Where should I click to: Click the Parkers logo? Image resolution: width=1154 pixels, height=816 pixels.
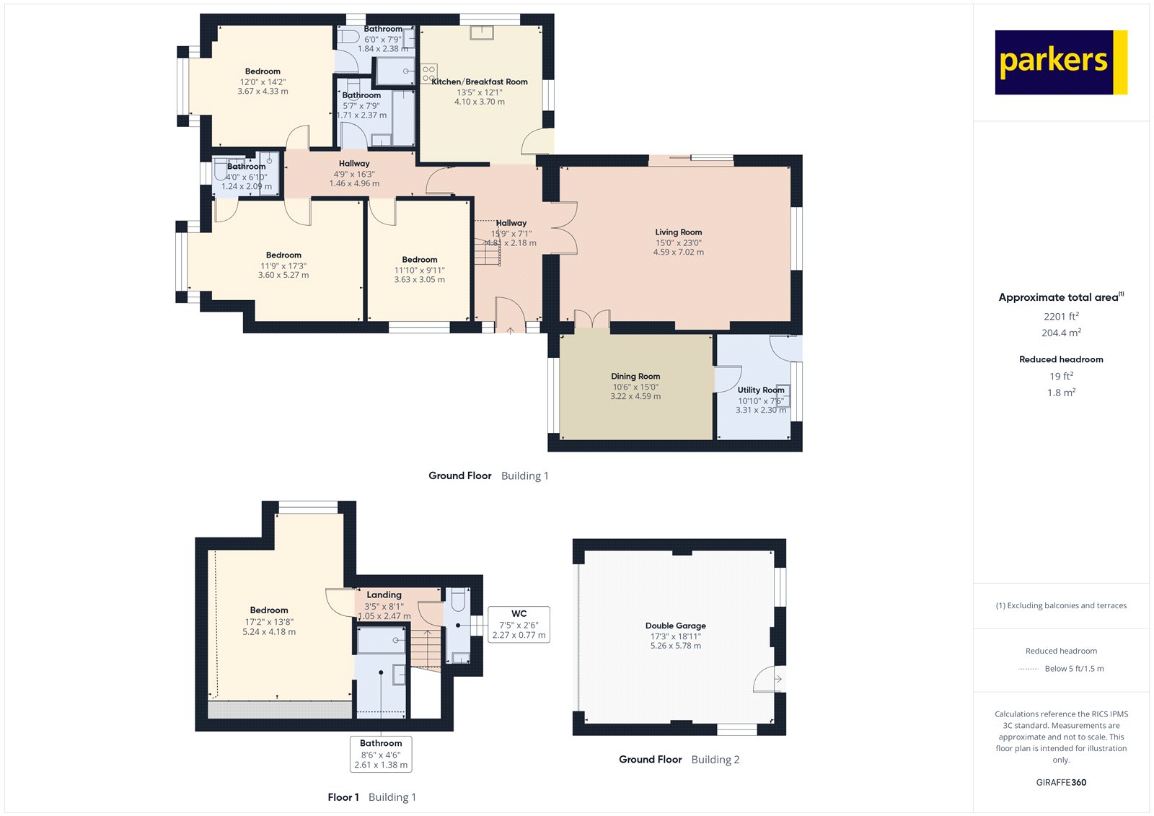click(x=1060, y=62)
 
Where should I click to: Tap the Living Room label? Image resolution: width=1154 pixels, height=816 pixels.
click(x=678, y=232)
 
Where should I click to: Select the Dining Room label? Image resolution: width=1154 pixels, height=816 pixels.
click(x=635, y=376)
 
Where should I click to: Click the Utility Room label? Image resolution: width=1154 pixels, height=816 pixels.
click(x=760, y=390)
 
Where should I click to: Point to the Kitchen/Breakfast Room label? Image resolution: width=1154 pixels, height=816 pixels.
click(x=479, y=82)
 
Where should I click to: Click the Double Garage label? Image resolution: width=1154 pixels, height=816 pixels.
click(x=675, y=626)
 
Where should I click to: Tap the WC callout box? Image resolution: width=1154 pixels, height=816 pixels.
click(x=519, y=625)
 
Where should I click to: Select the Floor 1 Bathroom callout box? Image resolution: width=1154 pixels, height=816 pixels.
click(x=381, y=754)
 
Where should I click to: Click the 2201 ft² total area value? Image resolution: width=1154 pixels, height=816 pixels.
click(x=1061, y=316)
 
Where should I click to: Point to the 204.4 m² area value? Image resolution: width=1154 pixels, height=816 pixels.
click(x=1061, y=333)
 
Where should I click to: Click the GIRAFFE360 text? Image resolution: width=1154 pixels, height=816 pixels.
click(x=1061, y=782)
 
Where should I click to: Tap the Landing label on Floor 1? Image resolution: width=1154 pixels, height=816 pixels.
click(x=384, y=595)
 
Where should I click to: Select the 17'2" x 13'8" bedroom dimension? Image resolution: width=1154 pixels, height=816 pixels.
click(x=268, y=621)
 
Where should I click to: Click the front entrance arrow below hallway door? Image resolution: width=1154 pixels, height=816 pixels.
click(x=510, y=330)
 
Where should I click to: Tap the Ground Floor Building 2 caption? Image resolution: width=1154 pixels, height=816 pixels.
click(x=679, y=759)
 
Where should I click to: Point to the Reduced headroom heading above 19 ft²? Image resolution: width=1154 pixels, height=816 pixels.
click(x=1061, y=359)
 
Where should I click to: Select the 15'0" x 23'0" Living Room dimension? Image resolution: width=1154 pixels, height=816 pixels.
click(x=678, y=242)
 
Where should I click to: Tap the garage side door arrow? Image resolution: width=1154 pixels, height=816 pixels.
click(x=778, y=679)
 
